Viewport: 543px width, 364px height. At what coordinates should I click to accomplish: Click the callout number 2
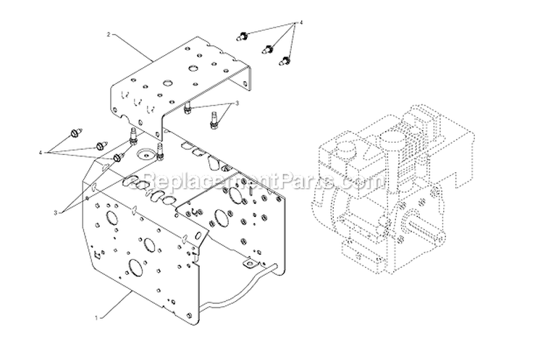point(109,34)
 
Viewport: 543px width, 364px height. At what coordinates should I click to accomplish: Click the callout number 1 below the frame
point(98,317)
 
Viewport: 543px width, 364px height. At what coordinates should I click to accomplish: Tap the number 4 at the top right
point(301,24)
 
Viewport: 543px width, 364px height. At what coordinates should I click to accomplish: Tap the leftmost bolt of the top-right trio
point(244,35)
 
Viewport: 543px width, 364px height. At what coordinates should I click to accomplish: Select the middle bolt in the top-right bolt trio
point(270,50)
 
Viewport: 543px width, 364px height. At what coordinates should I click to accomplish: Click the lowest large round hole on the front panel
point(135,268)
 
